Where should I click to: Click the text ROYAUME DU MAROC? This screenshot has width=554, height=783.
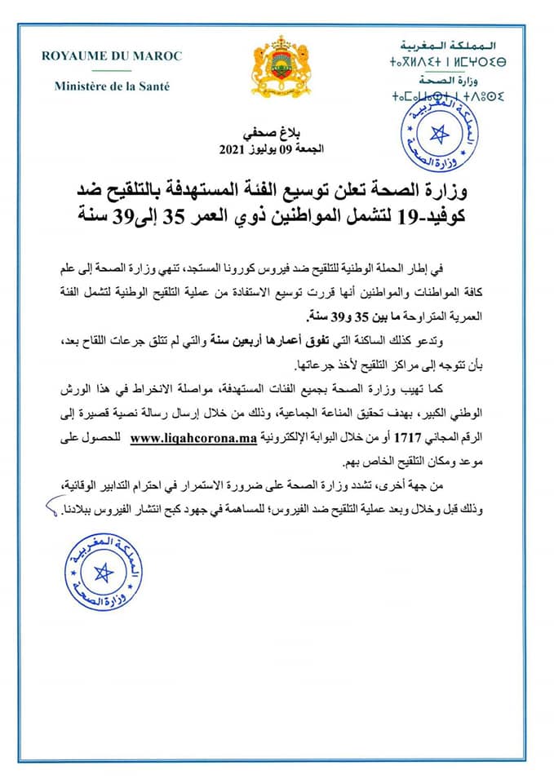pos(112,56)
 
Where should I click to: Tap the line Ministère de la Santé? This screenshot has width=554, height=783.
pos(112,86)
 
